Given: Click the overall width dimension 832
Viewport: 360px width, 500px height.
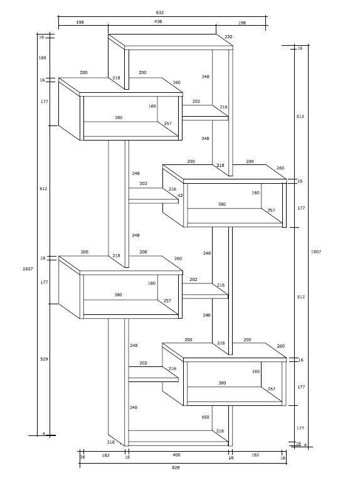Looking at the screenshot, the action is tap(160, 13).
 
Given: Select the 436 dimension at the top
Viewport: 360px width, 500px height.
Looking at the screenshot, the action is tap(158, 21).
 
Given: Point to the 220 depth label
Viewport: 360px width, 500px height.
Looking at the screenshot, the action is tap(228, 36).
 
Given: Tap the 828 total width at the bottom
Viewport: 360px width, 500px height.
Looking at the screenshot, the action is tap(176, 467).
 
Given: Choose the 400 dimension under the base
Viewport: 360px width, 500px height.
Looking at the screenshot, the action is tap(176, 455).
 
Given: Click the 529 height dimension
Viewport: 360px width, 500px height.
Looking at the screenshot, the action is tap(44, 359).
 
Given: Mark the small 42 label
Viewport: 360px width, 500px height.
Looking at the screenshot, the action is tap(180, 196).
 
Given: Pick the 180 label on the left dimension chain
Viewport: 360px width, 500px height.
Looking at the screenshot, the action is tap(42, 58).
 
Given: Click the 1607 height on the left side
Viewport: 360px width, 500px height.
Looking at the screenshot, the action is tap(28, 269).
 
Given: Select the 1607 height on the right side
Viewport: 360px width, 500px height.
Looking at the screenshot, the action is tap(316, 252).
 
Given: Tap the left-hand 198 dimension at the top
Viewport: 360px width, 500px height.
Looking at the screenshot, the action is tap(80, 23).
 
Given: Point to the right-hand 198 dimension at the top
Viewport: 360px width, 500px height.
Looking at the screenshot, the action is tap(242, 23).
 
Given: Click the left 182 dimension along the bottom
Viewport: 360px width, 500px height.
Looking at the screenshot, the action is tap(106, 455).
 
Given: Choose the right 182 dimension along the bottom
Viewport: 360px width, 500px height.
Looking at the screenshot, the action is tap(255, 455).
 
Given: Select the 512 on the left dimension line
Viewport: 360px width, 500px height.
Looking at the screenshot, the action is tap(43, 188).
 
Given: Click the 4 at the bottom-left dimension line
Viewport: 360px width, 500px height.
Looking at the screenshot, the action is tap(44, 434).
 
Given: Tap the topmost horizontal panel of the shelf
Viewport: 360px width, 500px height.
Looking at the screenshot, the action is tap(171, 42).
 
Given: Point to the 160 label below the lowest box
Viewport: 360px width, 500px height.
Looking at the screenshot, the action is tap(205, 417).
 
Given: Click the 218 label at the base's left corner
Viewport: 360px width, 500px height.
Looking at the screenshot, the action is tap(110, 442).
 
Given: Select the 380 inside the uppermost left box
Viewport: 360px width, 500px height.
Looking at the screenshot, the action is tap(119, 117).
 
